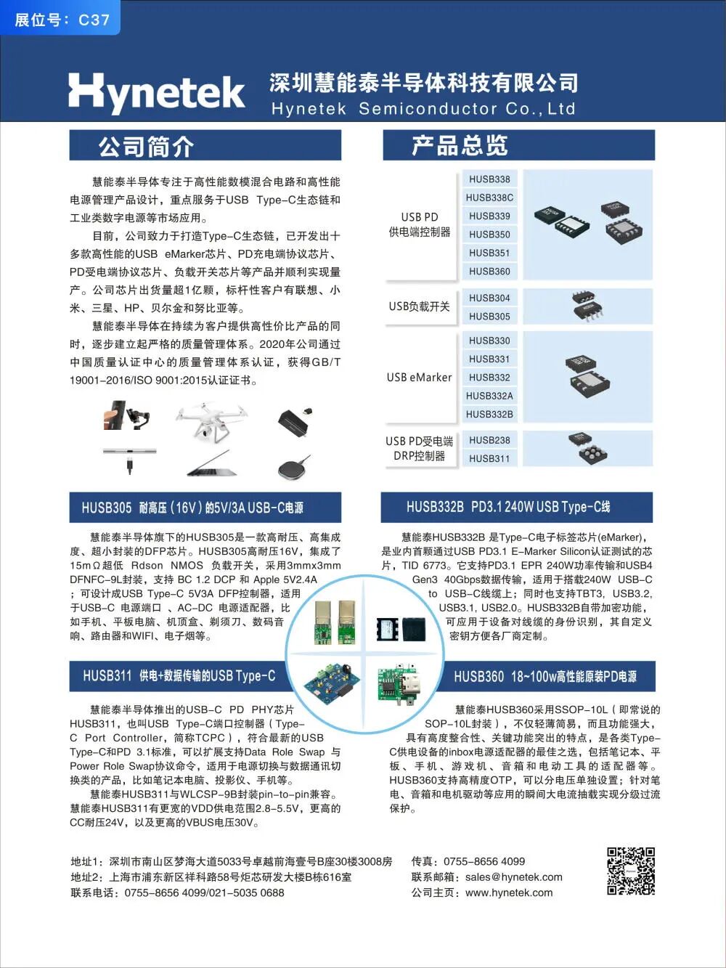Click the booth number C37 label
62,20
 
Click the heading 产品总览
459,146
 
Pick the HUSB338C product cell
489,198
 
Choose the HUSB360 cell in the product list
489,272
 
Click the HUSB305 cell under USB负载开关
489,317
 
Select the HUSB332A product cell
489,396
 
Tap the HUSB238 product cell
489,440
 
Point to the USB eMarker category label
419,378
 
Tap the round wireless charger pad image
294,465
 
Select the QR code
630,871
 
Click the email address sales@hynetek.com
513,877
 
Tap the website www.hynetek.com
509,893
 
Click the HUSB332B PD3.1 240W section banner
516,507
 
